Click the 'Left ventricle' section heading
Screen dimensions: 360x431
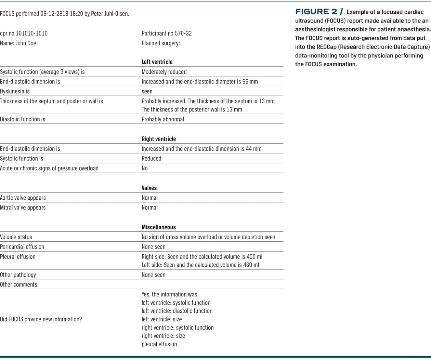click(x=157, y=62)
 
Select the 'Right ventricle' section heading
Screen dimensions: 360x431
click(x=159, y=139)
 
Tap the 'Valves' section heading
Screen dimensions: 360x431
click(x=149, y=188)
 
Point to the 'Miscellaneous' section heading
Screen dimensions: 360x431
click(x=159, y=227)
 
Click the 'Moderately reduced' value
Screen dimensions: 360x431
click(x=164, y=72)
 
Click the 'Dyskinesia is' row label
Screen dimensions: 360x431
click(x=15, y=91)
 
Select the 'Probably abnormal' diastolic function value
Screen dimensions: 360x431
click(x=163, y=119)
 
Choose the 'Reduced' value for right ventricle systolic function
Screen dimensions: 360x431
click(x=152, y=158)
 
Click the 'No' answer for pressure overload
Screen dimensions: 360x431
click(x=145, y=168)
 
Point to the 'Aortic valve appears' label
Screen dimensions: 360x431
click(x=23, y=198)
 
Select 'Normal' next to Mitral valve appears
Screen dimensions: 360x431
click(x=150, y=208)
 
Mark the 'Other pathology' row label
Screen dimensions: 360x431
click(x=18, y=275)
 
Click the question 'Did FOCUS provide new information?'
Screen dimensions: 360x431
click(x=41, y=319)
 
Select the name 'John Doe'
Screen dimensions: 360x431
click(x=26, y=43)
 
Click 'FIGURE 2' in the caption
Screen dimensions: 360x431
click(x=316, y=12)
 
